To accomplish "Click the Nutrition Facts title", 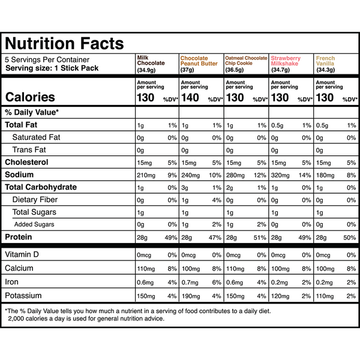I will tap(64, 43).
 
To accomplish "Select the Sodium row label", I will tap(20, 175).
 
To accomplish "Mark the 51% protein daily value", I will tap(261, 238).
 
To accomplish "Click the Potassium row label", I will tap(24, 296).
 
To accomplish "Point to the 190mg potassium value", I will tap(191, 296).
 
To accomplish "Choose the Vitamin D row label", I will tap(22, 254).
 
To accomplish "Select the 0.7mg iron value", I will tap(190, 282).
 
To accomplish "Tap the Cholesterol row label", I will tap(26, 162).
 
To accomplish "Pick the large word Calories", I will tap(30, 97).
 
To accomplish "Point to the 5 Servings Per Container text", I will tap(47, 60).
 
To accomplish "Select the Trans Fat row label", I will tap(30, 149).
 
